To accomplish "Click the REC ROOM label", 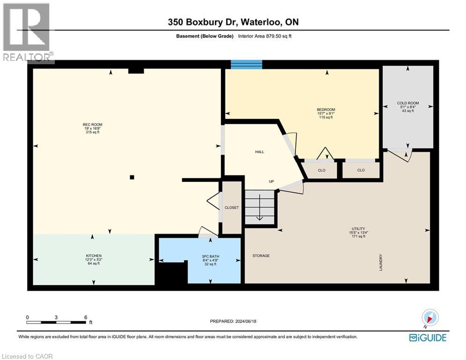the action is (x=92, y=125).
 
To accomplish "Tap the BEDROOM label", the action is (x=325, y=110).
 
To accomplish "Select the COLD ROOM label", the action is (x=408, y=103).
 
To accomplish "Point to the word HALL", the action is (x=259, y=152).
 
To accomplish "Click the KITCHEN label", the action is (x=94, y=256).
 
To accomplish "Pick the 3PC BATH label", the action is (x=210, y=256).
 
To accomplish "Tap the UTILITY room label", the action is (x=358, y=229).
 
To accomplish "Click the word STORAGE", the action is (x=261, y=255).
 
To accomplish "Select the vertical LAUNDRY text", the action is (x=381, y=262).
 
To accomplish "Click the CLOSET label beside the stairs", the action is (x=231, y=208).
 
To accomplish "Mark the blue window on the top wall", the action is (x=247, y=64).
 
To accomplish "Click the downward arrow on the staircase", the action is (x=259, y=207).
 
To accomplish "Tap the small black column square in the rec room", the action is (x=132, y=177).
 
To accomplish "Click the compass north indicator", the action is (x=429, y=318).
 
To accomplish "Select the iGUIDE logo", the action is (x=428, y=337).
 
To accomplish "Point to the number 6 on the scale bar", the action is (x=86, y=317).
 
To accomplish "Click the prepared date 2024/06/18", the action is (x=245, y=321).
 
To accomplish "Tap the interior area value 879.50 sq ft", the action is (x=279, y=36).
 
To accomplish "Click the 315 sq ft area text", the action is (x=92, y=132).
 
